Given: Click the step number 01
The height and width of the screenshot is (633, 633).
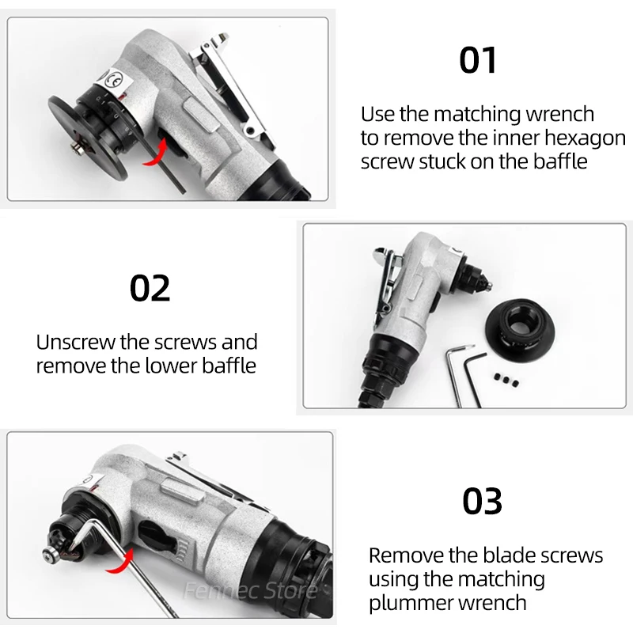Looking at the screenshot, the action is pyautogui.click(x=478, y=60).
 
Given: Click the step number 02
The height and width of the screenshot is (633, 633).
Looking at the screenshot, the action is pyautogui.click(x=150, y=288).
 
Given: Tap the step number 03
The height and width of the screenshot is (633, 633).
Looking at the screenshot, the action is pyautogui.click(x=482, y=501).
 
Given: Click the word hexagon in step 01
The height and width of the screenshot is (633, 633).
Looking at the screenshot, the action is pyautogui.click(x=586, y=138).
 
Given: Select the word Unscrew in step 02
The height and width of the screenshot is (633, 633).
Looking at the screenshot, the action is pyautogui.click(x=75, y=343).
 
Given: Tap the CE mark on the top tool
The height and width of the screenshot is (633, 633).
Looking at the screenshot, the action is pyautogui.click(x=113, y=81).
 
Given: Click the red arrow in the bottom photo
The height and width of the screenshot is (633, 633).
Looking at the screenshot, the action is pyautogui.click(x=121, y=562).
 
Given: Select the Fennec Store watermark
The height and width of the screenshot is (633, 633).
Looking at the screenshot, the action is pyautogui.click(x=250, y=591).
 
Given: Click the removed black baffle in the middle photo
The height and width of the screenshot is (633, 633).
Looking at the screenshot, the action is pyautogui.click(x=520, y=328).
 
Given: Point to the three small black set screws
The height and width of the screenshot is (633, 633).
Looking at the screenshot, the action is pyautogui.click(x=506, y=380).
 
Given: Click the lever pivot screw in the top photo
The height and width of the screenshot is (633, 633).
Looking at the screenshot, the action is pyautogui.click(x=251, y=131).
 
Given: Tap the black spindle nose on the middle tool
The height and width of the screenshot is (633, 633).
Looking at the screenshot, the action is pyautogui.click(x=476, y=276).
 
